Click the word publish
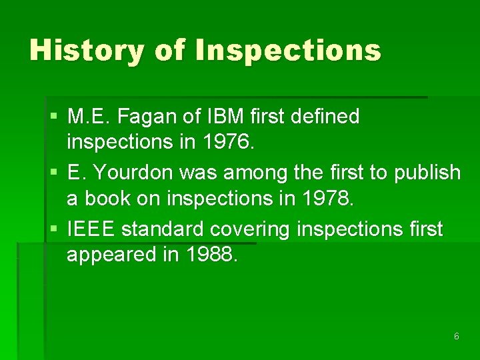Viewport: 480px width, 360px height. tap(427, 173)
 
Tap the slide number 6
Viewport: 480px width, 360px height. tap(456, 337)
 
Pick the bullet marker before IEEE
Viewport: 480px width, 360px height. tap(53, 230)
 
